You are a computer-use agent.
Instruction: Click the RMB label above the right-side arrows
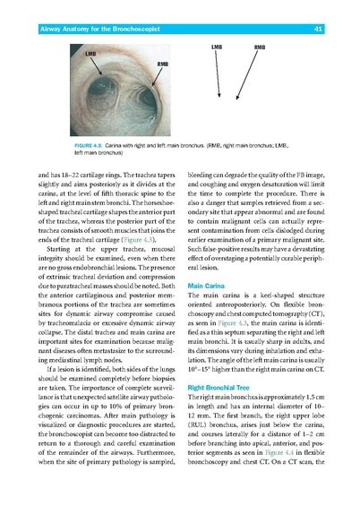(259, 46)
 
